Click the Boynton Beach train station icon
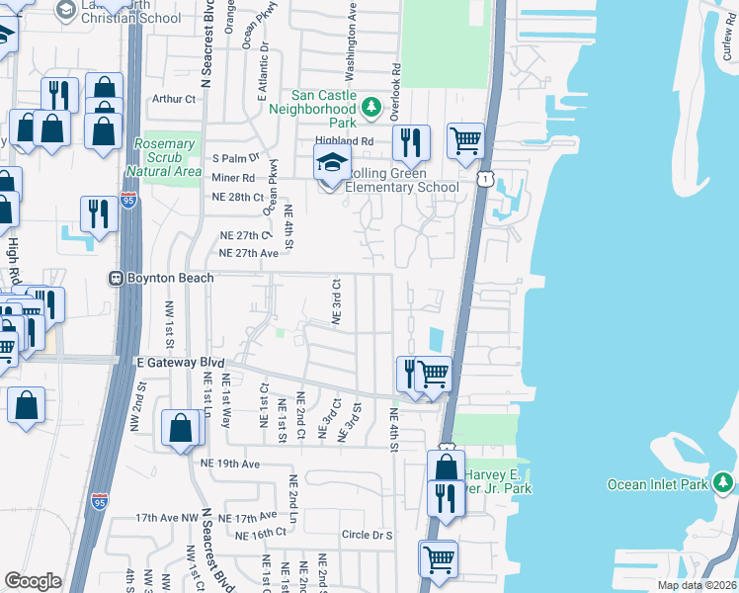click(x=116, y=279)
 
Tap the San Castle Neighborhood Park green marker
click(x=370, y=107)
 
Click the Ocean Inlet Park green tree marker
click(x=724, y=482)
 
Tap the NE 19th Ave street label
click(x=228, y=463)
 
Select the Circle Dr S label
click(x=367, y=535)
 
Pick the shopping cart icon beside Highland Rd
click(x=465, y=139)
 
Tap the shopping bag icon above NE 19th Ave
click(x=181, y=429)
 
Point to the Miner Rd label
click(x=233, y=178)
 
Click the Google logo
click(x=33, y=580)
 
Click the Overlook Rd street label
click(x=395, y=92)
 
